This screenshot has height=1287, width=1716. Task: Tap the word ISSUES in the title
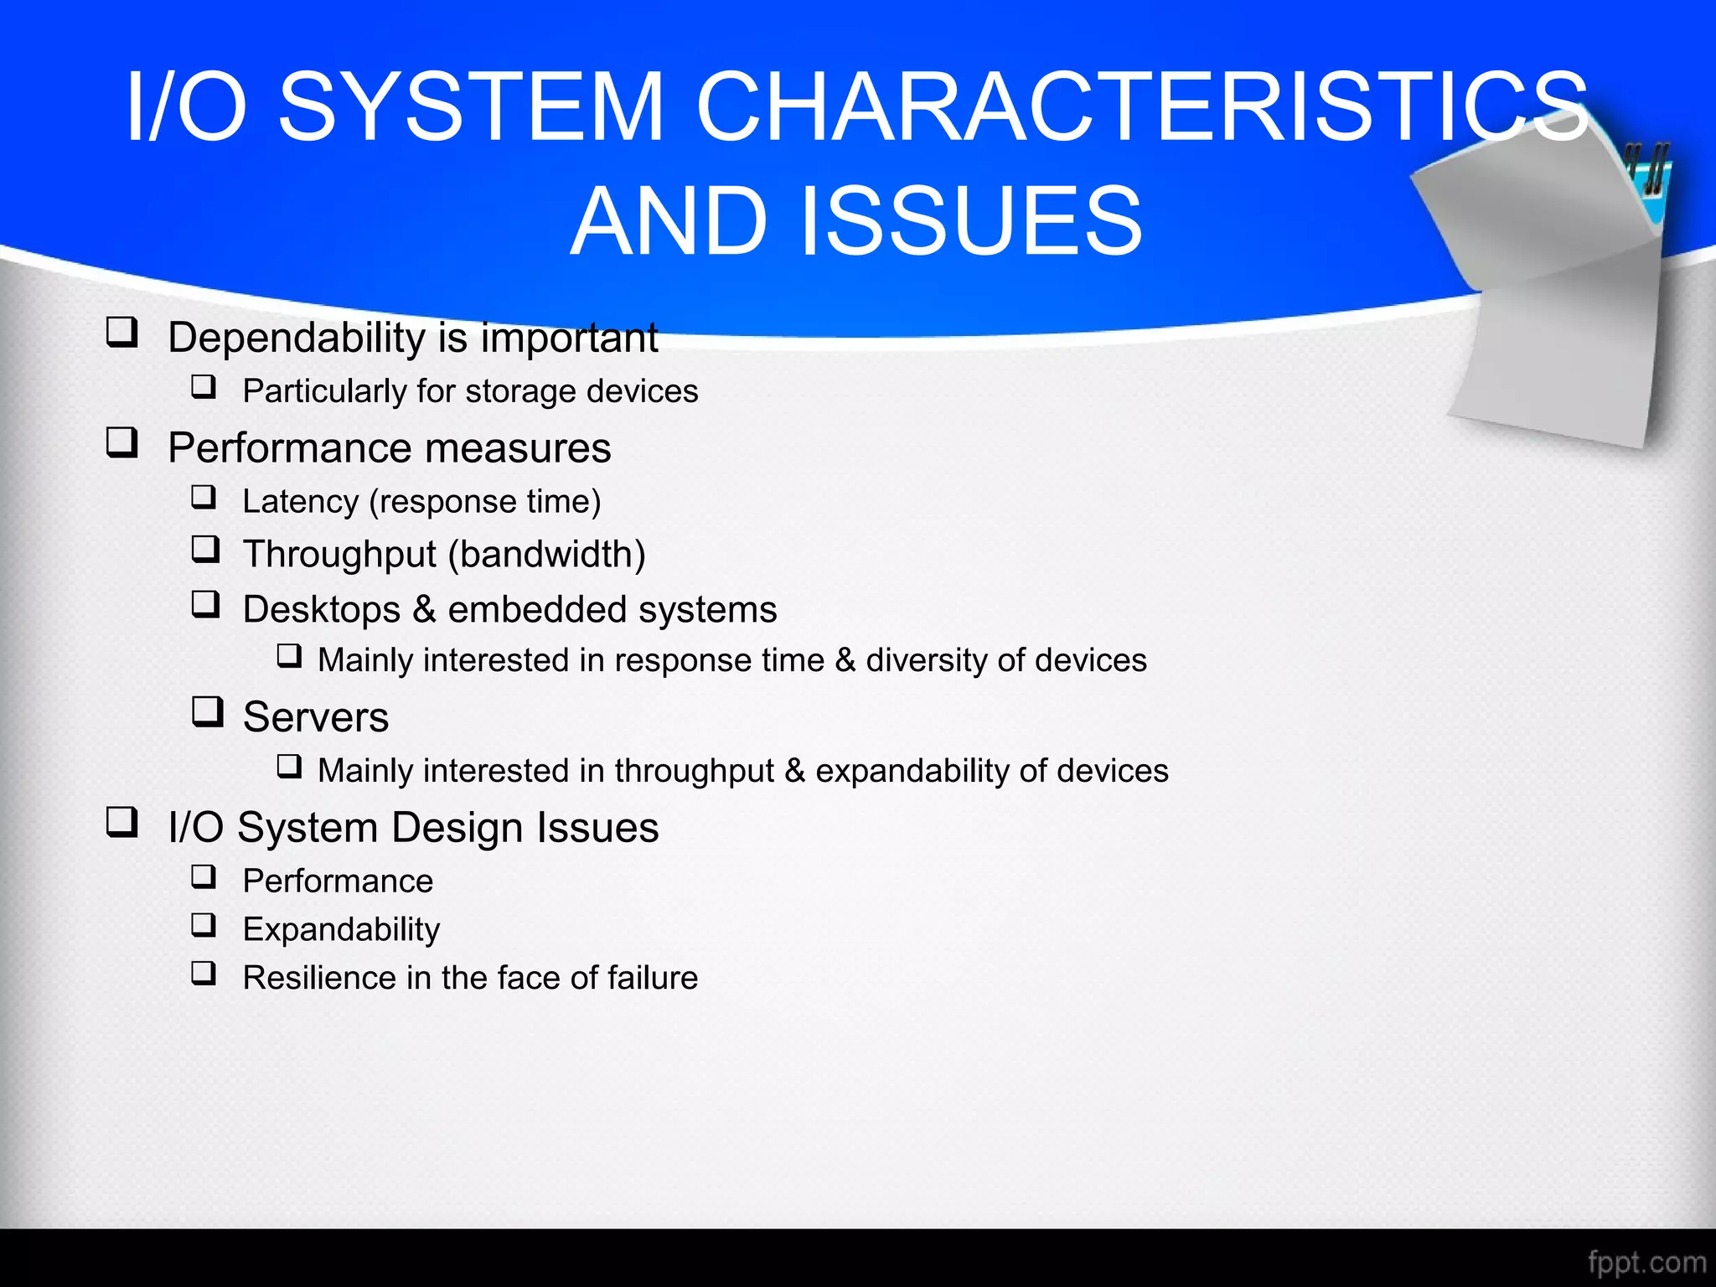[x=972, y=222]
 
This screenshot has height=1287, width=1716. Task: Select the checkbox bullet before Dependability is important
[x=121, y=333]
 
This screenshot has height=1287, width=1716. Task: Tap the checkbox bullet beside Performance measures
[x=121, y=442]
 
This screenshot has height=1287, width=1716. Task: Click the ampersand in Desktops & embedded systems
[x=424, y=609]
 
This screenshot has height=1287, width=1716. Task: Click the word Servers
[x=316, y=717]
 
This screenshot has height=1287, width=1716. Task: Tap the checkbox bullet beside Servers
[x=207, y=712]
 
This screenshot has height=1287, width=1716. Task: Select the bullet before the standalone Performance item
[x=204, y=876]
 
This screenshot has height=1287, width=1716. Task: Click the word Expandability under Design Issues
[x=341, y=930]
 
